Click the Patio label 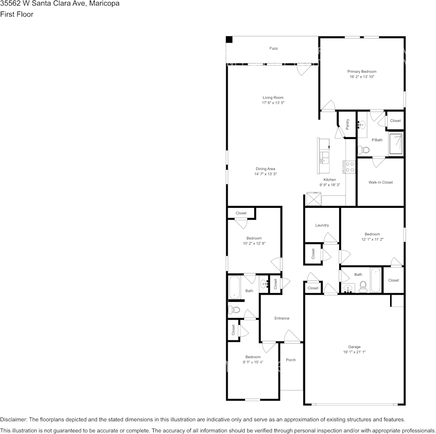coord(274,49)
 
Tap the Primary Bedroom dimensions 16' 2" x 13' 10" coord(362,77)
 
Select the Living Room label coord(273,97)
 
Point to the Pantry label coord(347,124)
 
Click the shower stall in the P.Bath coord(397,143)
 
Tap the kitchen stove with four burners coord(349,167)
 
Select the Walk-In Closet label coord(380,182)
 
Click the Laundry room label coord(322,225)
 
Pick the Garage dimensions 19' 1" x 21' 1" coord(354,352)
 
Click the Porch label coord(291,360)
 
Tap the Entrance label coord(282,318)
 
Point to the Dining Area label coord(265,169)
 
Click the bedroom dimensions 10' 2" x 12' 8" coord(254,244)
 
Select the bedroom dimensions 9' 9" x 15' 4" coord(253,362)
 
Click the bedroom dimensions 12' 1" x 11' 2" coord(372,239)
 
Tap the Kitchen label coord(330,179)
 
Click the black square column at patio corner coord(229,40)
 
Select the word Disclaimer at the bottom coord(13,419)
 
